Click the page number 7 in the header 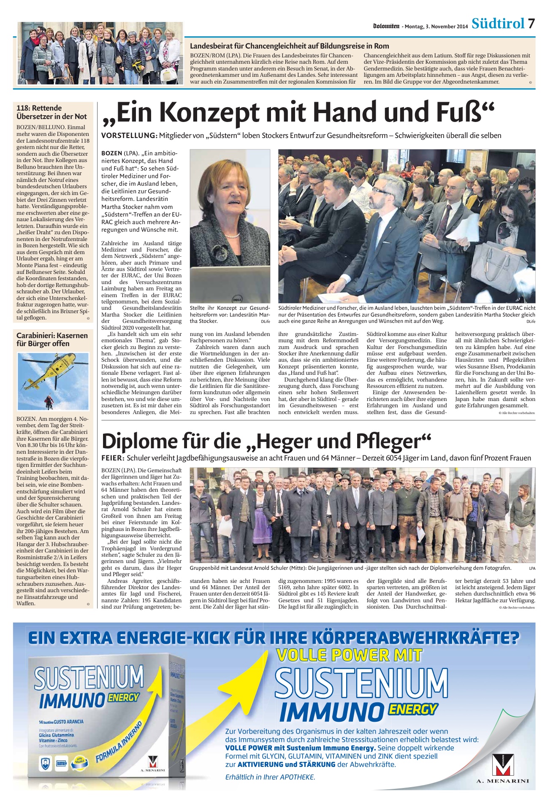pos(531,24)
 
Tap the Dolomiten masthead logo pos(386,26)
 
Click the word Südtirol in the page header pos(498,24)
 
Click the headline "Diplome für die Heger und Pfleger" pos(266,441)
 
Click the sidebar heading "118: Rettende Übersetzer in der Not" pos(52,112)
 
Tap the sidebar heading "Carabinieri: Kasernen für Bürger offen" pos(52,339)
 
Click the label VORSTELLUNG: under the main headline pos(129,135)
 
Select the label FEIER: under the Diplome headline pos(113,458)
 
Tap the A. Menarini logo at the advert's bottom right pos(502,769)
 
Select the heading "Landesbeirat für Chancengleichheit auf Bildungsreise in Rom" pos(289,46)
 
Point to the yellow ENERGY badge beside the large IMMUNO pos(412,709)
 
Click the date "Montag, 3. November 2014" pos(436,27)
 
